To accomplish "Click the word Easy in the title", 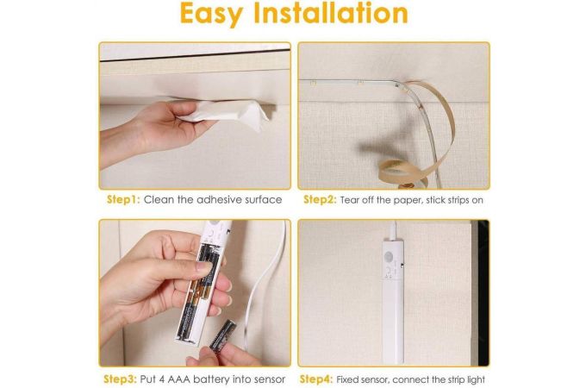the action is [x=211, y=14].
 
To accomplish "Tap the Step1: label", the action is [x=123, y=200].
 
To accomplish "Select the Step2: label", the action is [x=320, y=200].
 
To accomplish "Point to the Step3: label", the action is [x=120, y=379].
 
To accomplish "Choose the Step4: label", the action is [x=316, y=379].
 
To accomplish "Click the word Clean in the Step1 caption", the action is [x=159, y=200].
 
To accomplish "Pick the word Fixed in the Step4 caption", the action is [x=346, y=379].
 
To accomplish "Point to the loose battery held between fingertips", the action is [x=222, y=335].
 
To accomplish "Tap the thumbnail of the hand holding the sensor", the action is [x=204, y=267].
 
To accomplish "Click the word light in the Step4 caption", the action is [x=475, y=380].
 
